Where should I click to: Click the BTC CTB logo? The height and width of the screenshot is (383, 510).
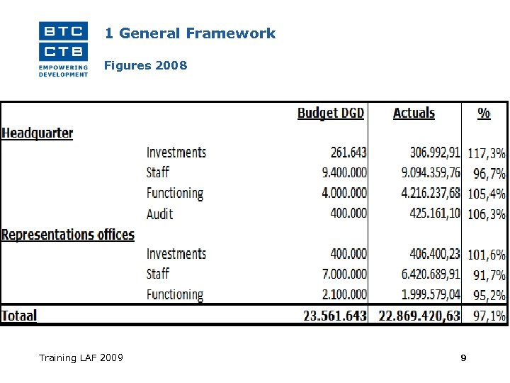click(64, 48)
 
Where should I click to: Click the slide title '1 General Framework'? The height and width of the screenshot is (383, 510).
click(190, 33)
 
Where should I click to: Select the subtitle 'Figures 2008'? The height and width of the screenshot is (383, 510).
click(145, 66)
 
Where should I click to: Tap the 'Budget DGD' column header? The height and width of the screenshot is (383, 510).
click(331, 113)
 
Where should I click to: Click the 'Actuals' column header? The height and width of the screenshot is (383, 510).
click(414, 113)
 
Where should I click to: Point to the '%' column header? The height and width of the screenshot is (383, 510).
click(484, 113)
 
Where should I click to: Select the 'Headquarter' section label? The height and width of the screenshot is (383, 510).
click(38, 133)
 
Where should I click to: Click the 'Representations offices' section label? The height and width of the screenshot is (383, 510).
click(68, 234)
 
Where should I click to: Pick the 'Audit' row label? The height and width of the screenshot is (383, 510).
click(160, 213)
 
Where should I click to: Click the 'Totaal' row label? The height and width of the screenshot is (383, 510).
click(19, 315)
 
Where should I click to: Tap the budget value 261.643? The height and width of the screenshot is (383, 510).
click(348, 152)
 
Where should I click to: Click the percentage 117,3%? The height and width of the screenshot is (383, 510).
click(487, 152)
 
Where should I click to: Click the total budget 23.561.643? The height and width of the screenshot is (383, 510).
click(335, 316)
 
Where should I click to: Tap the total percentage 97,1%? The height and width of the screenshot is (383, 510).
click(487, 316)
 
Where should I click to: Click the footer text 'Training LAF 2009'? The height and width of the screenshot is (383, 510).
click(81, 357)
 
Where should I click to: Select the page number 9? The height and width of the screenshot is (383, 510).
click(463, 358)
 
